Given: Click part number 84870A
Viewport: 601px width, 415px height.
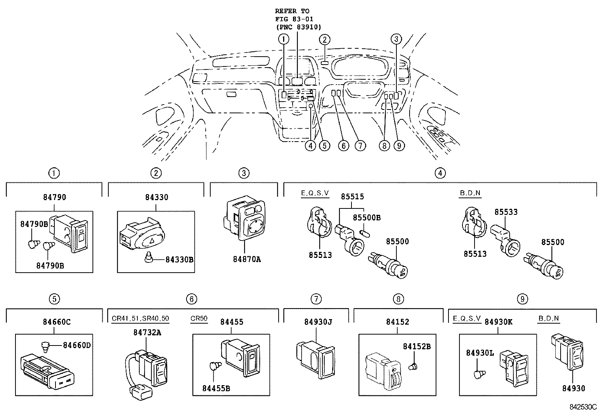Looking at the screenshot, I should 247,259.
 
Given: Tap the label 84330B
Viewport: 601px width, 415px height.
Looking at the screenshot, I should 180,259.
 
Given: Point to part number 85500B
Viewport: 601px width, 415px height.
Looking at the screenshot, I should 367,218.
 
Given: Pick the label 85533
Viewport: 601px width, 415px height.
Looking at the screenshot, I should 506,212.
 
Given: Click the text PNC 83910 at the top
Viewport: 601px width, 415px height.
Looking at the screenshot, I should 298,27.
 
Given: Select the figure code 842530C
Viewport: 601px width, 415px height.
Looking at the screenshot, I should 583,407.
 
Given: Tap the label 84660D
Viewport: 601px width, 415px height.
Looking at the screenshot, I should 77,345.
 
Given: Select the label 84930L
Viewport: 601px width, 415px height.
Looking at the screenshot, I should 479,353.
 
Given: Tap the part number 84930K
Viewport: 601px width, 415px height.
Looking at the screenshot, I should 498,322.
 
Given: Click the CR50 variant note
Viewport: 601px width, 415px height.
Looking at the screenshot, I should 199,318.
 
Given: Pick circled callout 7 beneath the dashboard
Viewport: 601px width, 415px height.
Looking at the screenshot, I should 360,145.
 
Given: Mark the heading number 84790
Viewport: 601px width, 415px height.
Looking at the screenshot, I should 55,197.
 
